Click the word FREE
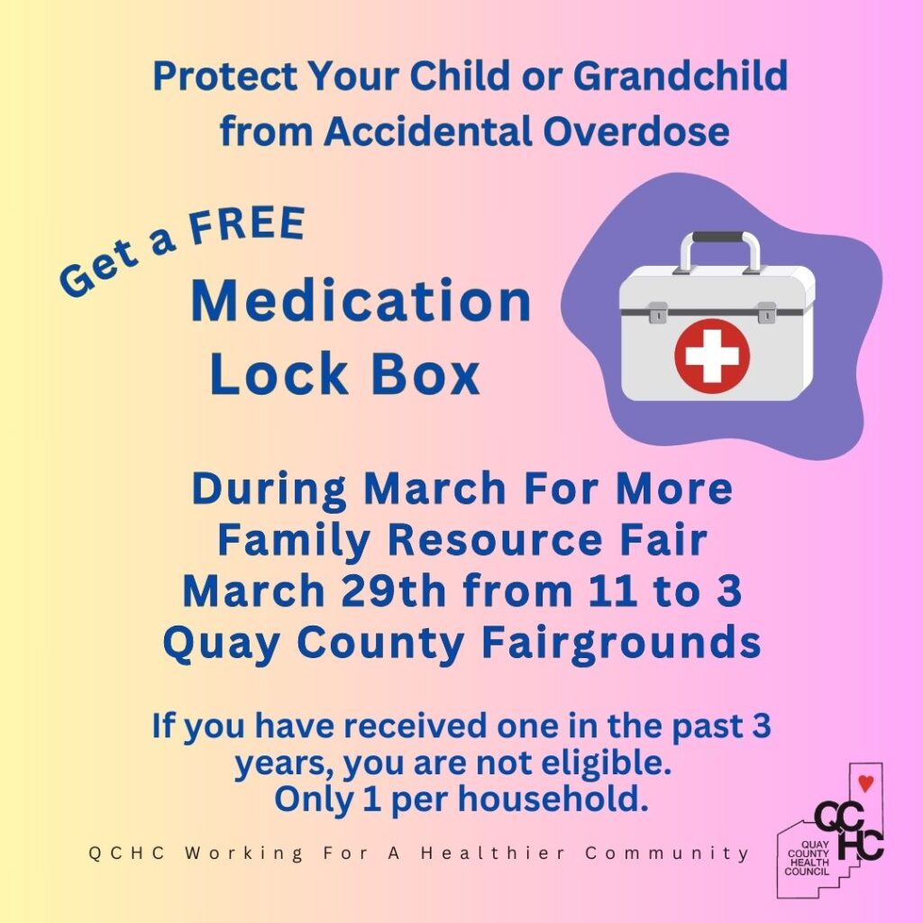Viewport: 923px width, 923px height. tap(247, 225)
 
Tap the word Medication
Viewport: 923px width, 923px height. tap(361, 301)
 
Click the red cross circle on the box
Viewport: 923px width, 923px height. tap(712, 355)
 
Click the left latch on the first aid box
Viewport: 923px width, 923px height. tap(658, 313)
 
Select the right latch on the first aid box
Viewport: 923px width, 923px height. tap(766, 312)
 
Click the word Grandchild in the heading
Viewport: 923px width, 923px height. tap(681, 76)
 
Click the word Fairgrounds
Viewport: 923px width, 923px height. tap(621, 643)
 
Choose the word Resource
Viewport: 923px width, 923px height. tap(495, 540)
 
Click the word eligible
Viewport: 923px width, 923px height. tap(607, 763)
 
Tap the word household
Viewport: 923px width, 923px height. tap(553, 800)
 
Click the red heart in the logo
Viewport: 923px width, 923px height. tap(866, 783)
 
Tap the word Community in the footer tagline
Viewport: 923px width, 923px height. tap(667, 853)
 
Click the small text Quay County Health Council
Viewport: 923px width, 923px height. tap(808, 858)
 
